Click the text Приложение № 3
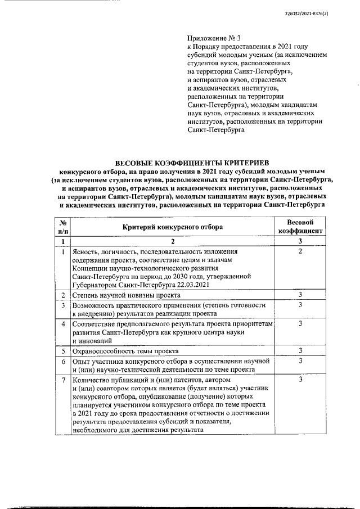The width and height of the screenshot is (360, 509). (211, 38)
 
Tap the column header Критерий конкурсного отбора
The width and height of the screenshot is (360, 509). (173, 227)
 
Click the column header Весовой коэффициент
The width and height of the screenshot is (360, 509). (300, 227)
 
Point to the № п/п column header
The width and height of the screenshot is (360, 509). (64, 227)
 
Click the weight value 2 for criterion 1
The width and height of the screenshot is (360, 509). (300, 251)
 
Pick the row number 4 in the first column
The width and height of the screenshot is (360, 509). (64, 324)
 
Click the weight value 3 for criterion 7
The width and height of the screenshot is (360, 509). (300, 381)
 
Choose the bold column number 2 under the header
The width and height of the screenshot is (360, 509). (173, 241)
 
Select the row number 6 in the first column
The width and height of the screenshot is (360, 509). (64, 361)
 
